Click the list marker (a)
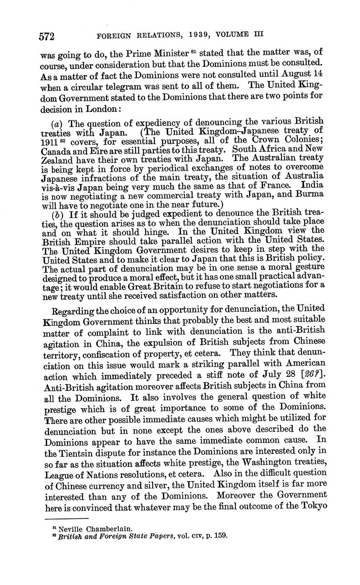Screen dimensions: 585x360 click(x=55, y=124)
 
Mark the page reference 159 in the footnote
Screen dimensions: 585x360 click(x=221, y=536)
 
